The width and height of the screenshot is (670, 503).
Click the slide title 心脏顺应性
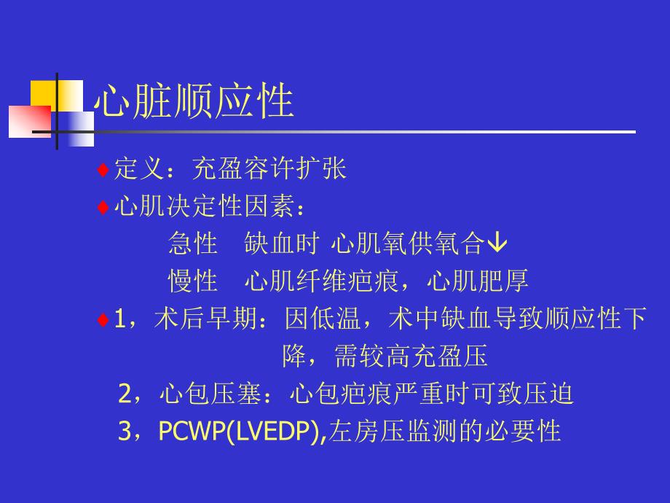[x=194, y=102]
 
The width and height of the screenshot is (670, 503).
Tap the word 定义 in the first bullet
[x=136, y=169]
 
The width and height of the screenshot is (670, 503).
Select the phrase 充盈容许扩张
[x=269, y=169]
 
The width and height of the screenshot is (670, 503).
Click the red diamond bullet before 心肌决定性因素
[x=103, y=208]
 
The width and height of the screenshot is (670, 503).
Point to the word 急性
[x=193, y=243]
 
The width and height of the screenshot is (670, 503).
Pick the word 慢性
[x=193, y=281]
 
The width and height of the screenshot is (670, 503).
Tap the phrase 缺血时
[x=281, y=243]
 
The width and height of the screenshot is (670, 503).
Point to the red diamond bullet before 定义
[x=103, y=170]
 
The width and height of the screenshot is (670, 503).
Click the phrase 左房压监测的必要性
[x=445, y=432]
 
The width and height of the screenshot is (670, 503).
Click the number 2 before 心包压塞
[x=125, y=394]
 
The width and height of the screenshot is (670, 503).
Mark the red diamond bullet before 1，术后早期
[x=103, y=319]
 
